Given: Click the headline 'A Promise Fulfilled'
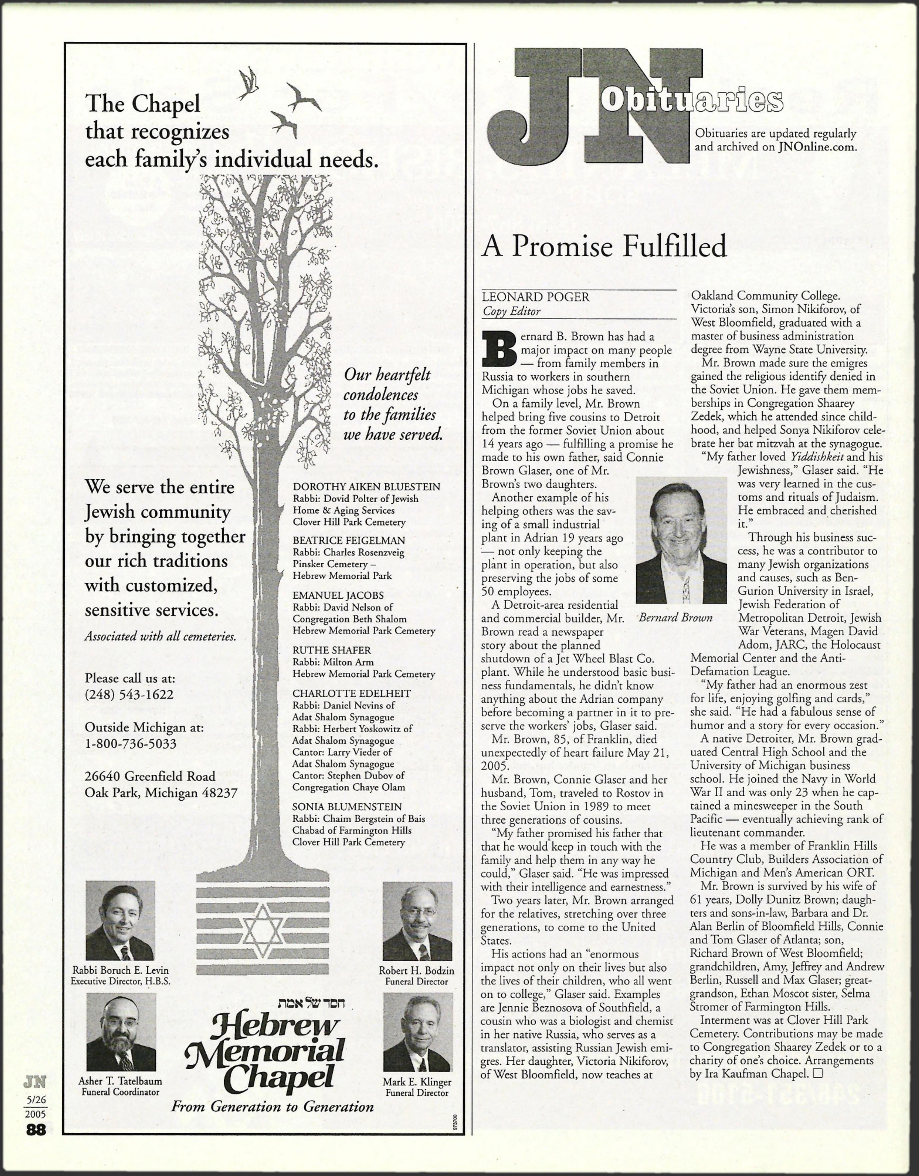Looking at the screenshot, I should point(604,247).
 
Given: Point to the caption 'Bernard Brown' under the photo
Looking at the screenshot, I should point(675,618).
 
